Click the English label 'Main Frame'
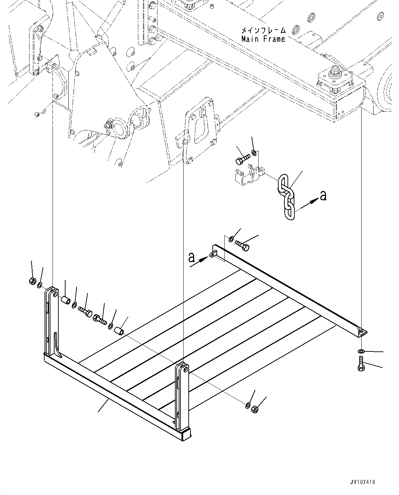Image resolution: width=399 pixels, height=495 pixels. (263, 39)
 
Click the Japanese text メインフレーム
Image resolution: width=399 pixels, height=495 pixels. (263, 31)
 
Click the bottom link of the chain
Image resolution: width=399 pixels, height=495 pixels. (289, 211)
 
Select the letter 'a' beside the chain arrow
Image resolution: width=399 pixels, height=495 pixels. (323, 196)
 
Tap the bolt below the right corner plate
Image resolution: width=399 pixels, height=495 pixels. (361, 364)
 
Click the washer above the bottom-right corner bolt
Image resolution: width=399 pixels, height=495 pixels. (361, 351)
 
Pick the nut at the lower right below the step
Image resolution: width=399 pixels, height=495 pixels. (255, 409)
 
